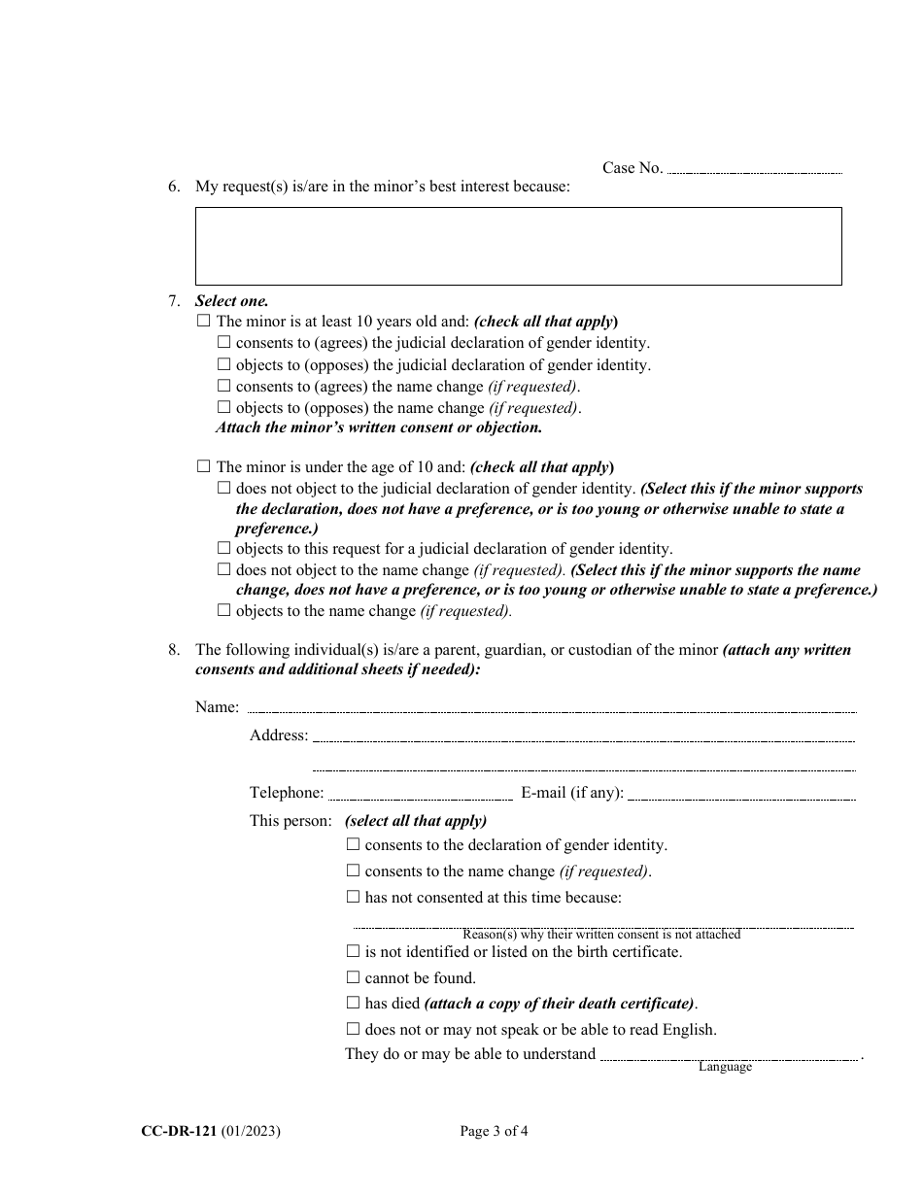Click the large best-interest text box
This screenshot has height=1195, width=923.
tap(518, 246)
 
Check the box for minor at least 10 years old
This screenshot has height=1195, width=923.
tap(203, 321)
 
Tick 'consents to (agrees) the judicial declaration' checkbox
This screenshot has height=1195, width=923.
tap(223, 342)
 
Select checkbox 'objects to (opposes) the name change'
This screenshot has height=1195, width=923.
tap(223, 407)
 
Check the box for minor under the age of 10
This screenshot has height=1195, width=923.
tap(203, 466)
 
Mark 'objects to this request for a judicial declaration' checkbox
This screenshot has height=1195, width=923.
tap(223, 549)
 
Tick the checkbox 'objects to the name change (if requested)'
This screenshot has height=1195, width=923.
tap(223, 611)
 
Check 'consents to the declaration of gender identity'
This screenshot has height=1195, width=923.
tap(353, 845)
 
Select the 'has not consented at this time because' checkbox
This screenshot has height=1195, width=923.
tap(353, 897)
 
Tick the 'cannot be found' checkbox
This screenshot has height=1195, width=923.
tap(353, 977)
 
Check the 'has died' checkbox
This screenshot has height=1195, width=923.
tap(353, 1003)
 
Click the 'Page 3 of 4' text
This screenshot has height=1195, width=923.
tap(494, 1131)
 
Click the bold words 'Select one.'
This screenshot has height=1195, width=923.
tap(231, 301)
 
